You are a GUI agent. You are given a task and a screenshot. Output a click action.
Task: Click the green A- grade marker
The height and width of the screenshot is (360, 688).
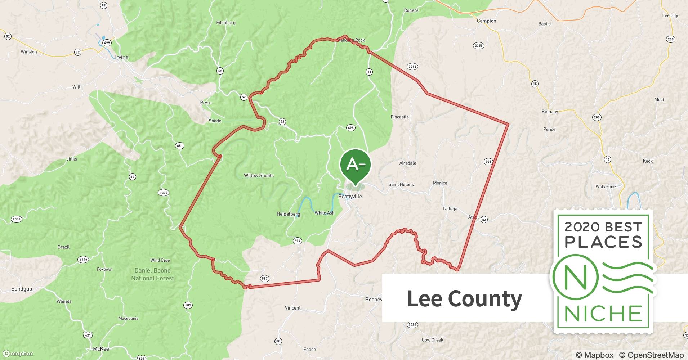point(355,165)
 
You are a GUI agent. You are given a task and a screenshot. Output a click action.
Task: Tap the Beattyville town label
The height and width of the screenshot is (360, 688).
point(350,197)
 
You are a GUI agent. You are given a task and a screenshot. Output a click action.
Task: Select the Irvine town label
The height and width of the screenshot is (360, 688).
point(121,57)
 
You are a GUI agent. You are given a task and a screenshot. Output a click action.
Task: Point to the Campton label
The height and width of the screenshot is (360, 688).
point(486,21)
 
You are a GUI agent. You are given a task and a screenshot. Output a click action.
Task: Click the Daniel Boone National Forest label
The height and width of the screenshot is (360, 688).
point(152,274)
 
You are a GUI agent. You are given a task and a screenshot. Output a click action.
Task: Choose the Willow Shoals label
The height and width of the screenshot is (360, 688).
point(259,176)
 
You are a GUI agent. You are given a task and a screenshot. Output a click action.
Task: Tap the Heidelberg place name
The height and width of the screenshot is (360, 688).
point(288,214)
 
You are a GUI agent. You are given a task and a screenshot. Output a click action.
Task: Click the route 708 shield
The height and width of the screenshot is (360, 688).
point(488,162)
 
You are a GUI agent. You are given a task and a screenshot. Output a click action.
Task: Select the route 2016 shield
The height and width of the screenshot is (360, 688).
point(412,67)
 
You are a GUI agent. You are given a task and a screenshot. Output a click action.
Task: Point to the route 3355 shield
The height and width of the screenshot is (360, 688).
point(478,46)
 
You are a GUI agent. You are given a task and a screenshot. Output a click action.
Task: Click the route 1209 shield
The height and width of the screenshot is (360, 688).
point(164,193)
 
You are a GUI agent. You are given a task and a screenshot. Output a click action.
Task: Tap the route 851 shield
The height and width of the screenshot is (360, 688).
point(179,146)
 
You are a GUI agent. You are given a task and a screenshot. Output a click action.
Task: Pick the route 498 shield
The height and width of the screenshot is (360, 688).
point(350,128)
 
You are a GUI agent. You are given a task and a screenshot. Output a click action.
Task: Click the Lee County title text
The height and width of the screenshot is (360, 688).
point(464,299)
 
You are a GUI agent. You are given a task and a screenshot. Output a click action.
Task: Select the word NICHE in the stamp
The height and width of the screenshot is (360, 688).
point(603,314)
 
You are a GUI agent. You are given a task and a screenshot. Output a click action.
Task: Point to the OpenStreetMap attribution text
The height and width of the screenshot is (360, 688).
point(651,355)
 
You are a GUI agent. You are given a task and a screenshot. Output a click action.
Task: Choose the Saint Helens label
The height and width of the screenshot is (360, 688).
point(401,184)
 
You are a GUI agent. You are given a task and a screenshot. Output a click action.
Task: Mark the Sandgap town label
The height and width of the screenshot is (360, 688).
point(22,289)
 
